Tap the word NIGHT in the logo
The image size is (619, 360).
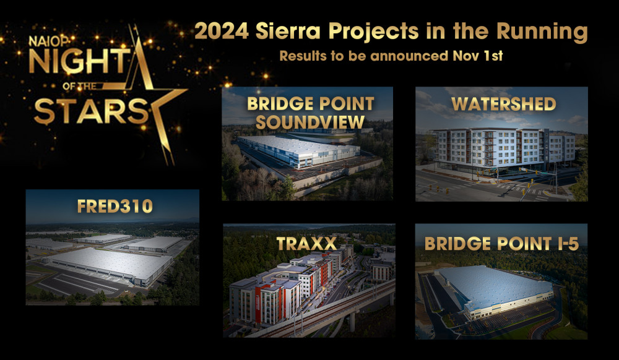[x=79, y=61]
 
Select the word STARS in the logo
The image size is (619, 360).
[x=91, y=111]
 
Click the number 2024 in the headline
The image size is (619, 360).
[x=222, y=31]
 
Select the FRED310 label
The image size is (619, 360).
[x=115, y=206]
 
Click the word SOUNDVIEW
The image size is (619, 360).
[x=310, y=122]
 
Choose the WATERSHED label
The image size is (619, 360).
[x=504, y=104]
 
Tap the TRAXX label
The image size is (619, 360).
[x=307, y=243]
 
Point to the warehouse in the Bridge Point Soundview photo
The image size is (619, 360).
[x=298, y=151]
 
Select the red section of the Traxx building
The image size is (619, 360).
[x=262, y=304]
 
